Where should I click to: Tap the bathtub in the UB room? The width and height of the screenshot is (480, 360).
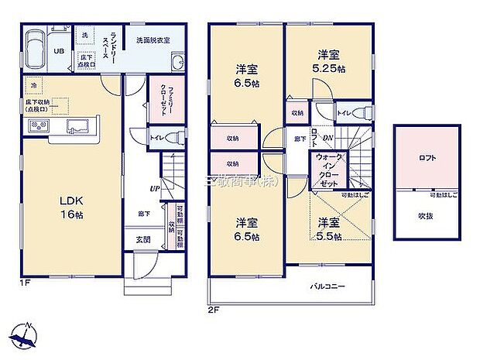click(x=36, y=52)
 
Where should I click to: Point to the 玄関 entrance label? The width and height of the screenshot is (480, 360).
click(x=144, y=240)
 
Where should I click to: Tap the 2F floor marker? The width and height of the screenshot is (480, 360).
click(x=214, y=309)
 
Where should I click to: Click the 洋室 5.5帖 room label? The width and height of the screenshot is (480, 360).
click(x=330, y=229)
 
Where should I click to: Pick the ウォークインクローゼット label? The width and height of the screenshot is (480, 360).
click(x=327, y=174)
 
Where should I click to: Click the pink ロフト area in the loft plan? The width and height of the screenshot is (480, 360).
click(x=427, y=159)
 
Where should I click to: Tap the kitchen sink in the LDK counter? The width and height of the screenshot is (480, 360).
click(x=78, y=127)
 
